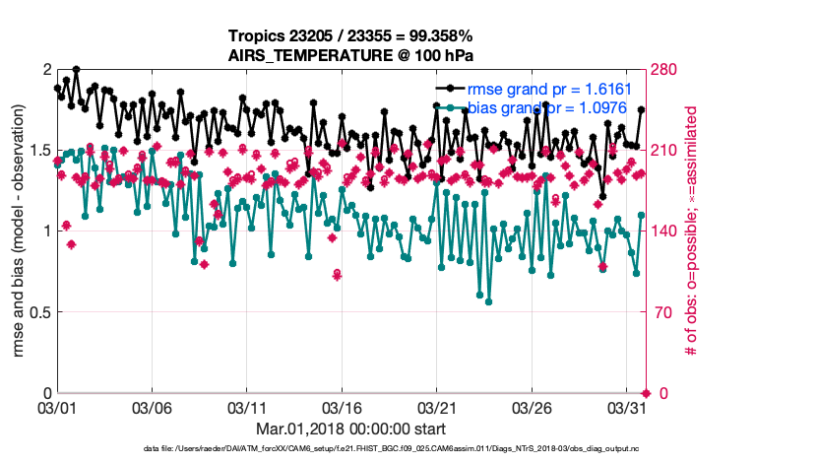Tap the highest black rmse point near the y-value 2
pos(76,70)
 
